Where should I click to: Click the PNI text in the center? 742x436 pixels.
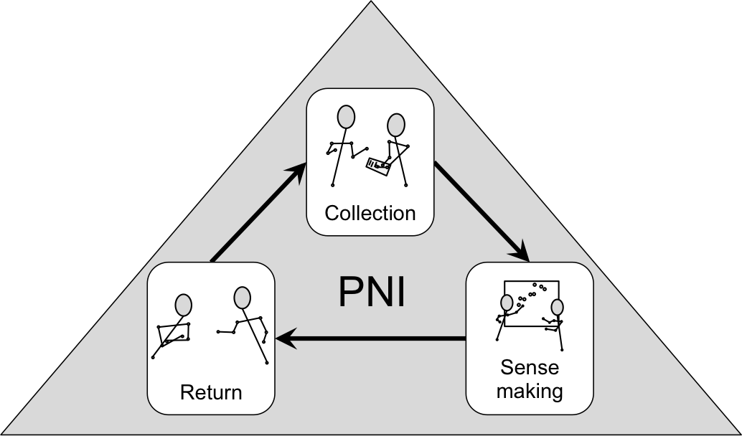click(371, 292)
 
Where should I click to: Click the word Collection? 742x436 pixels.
click(370, 213)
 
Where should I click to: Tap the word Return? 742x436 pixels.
click(210, 392)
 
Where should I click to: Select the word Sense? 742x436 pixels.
click(530, 369)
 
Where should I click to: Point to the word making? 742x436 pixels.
click(530, 392)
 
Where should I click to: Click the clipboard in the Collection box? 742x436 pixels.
click(378, 165)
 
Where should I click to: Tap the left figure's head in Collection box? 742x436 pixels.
click(347, 116)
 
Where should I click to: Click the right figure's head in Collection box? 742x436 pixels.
click(395, 125)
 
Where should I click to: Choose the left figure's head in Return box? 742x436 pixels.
click(184, 305)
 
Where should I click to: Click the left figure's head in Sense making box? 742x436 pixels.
click(506, 302)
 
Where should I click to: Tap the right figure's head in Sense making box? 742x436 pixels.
click(557, 308)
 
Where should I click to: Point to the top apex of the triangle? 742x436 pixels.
click(371, 4)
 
